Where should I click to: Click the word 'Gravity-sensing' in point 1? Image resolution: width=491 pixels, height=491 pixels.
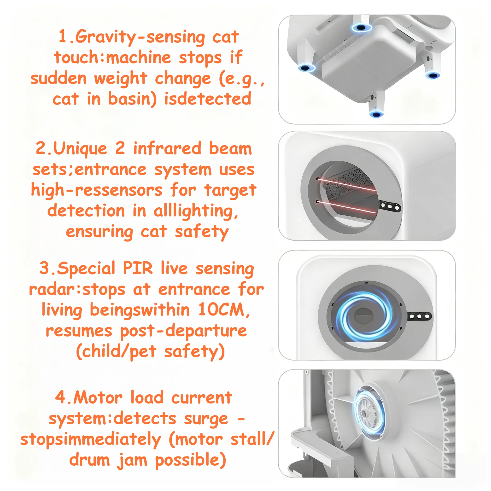(x=140, y=37)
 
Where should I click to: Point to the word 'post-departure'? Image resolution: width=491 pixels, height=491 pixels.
(x=183, y=331)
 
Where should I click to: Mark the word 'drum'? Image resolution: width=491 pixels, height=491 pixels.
(x=89, y=460)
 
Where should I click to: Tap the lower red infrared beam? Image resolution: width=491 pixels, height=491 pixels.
(x=347, y=207)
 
